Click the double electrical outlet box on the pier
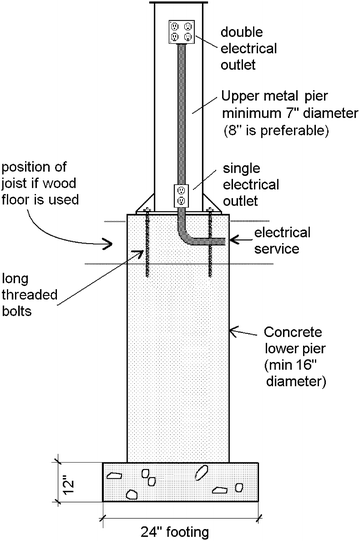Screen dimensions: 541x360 click(181, 30)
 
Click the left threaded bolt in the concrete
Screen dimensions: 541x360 click(148, 245)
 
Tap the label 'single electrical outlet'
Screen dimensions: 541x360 click(253, 180)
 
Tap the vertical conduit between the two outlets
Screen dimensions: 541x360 click(182, 110)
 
